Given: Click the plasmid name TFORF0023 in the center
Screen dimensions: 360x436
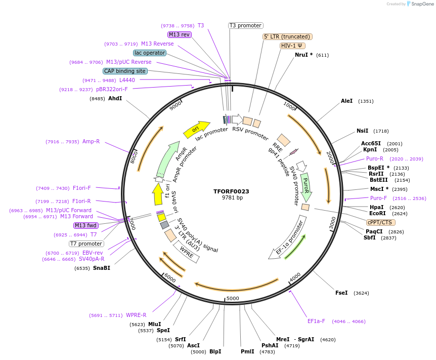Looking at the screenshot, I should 231,191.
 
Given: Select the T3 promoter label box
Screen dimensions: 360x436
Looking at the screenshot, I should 246,25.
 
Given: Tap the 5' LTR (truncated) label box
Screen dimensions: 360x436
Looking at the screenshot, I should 287,36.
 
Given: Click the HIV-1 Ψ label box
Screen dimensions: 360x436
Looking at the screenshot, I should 293,46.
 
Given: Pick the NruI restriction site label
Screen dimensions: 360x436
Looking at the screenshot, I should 303,55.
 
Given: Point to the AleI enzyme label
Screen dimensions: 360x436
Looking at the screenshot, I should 346,101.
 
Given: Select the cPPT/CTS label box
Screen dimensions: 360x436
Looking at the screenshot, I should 380,222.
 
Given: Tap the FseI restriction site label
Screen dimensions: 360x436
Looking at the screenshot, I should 341,293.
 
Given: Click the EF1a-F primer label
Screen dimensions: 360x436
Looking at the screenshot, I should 317,321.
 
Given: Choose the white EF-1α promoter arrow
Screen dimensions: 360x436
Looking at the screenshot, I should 288,238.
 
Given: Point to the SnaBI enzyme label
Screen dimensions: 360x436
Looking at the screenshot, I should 101,268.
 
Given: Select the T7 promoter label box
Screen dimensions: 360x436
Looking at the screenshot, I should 86,244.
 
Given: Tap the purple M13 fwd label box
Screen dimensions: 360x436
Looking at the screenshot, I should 86,226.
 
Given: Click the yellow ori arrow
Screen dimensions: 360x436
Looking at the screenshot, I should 196,130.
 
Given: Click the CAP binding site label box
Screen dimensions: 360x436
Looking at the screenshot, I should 125,71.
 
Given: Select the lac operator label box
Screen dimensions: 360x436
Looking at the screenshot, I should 150,53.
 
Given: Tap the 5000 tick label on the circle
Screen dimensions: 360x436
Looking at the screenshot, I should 232,298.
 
